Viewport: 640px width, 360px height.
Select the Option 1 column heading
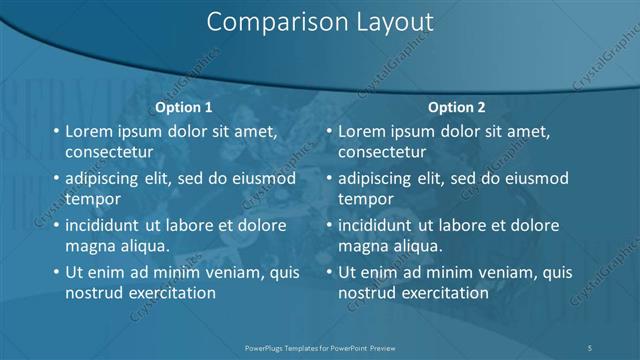[x=185, y=107]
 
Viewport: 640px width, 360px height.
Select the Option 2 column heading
[x=457, y=107]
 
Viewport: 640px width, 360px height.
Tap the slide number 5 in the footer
[x=591, y=346]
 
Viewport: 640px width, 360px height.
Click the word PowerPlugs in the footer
[x=267, y=346]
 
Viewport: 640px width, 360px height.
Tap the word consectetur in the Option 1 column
[x=109, y=153]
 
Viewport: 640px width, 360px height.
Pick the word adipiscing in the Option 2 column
[x=378, y=178]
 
